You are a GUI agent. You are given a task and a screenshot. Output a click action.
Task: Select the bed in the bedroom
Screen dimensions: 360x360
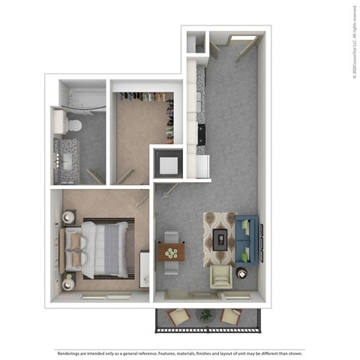pos(97,248)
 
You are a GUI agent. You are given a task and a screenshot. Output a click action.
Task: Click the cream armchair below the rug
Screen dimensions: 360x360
pos(221,278)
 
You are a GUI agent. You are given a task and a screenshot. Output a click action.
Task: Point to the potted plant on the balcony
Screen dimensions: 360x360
pos(205,316)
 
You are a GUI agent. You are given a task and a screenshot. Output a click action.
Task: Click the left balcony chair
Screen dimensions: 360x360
pos(179,316)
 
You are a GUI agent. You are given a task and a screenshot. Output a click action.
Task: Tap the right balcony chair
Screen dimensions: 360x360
pos(232,315)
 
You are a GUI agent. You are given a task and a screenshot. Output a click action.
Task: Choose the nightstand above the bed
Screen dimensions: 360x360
pos(68,217)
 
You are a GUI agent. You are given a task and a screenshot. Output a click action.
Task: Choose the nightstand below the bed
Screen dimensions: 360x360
pos(70,282)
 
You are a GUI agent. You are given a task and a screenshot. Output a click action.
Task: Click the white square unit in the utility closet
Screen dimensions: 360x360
pos(166,163)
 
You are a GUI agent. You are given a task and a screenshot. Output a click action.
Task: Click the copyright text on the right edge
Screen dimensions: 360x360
pos(352,41)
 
